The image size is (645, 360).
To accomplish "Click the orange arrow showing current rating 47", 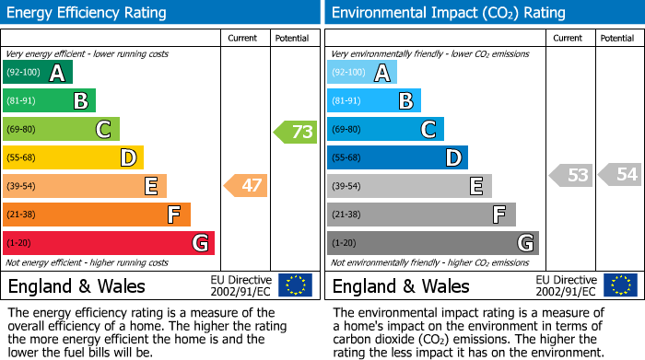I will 246,186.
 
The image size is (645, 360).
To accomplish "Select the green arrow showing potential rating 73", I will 296,132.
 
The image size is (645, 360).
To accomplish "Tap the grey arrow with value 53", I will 570,174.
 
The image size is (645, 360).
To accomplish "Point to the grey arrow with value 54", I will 619,174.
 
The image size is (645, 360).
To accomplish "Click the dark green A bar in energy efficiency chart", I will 37,73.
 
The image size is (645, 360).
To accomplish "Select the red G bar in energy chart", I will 109,243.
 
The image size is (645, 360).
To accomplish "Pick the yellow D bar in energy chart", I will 73,157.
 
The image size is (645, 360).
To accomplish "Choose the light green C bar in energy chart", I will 61,129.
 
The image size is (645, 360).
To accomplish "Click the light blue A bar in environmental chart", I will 362,73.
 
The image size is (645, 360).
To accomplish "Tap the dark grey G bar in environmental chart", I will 432,243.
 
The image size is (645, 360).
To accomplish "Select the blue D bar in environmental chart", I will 397,157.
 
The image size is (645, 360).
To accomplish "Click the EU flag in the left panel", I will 295,285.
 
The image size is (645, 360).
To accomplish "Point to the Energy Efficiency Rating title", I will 88,13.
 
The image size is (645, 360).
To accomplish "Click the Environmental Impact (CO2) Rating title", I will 448,13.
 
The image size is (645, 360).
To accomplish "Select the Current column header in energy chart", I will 243,38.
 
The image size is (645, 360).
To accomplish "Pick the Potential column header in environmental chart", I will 616,38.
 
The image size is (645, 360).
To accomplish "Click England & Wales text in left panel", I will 76,286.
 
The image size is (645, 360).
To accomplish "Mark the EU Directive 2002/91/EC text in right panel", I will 565,285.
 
